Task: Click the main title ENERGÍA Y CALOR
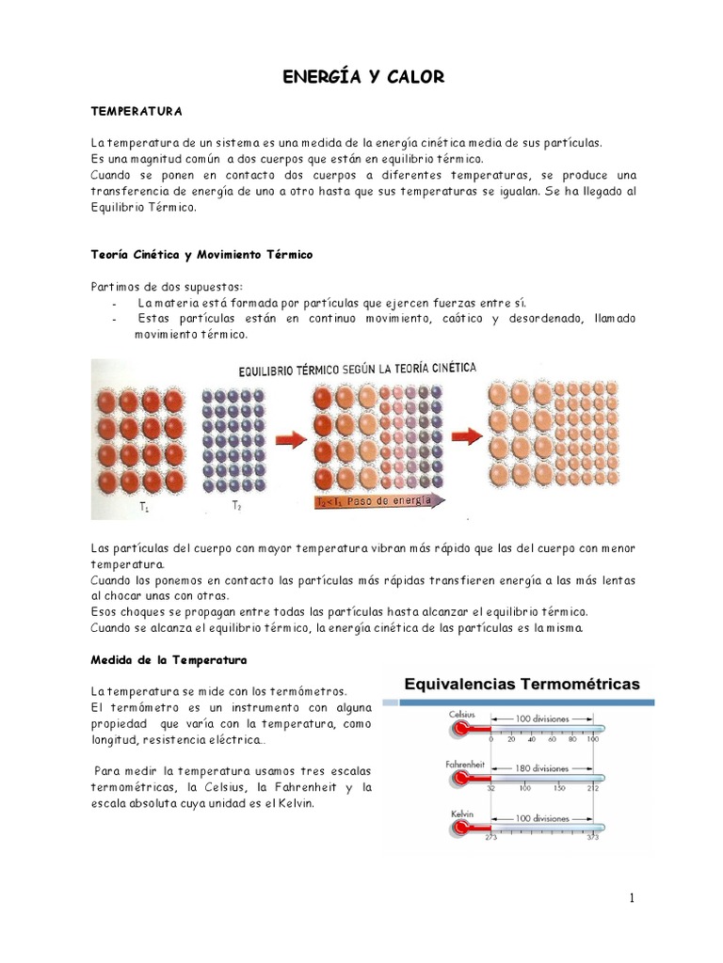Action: (x=363, y=78)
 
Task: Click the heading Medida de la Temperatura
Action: (x=168, y=659)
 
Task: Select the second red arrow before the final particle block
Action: (x=463, y=435)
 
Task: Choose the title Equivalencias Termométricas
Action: (x=522, y=684)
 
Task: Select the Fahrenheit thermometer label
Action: (x=465, y=766)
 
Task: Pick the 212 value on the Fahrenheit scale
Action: (x=593, y=788)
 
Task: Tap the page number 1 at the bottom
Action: (x=632, y=898)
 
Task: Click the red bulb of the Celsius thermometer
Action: (x=461, y=728)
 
